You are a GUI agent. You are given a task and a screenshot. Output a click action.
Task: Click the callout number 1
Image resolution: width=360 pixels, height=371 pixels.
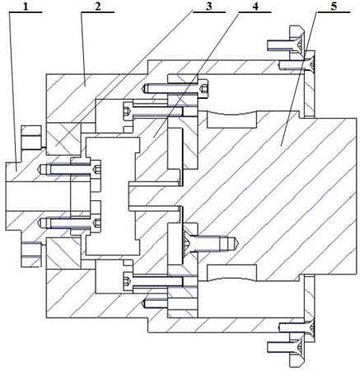pos(26,7)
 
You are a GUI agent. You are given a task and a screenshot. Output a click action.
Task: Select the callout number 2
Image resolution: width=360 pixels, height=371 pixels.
pos(97,7)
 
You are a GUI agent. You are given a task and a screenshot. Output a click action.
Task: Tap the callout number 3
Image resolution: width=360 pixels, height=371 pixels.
pos(209,7)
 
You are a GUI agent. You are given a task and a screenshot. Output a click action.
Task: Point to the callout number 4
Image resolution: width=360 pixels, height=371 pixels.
pos(255,7)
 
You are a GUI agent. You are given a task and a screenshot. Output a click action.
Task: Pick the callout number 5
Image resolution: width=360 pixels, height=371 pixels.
pos(333,7)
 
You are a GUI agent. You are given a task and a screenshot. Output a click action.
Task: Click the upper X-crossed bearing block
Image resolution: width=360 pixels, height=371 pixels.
pos(63,139)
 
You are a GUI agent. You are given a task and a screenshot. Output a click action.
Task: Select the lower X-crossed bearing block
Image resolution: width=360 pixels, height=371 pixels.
pos(63,253)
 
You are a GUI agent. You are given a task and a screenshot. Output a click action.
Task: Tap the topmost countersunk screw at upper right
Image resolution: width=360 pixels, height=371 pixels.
pos(286,45)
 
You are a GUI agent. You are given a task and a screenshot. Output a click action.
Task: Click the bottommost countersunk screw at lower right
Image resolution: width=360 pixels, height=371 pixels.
pos(286,347)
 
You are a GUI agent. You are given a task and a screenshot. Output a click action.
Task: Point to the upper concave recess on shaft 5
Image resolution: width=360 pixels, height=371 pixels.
pos(232,120)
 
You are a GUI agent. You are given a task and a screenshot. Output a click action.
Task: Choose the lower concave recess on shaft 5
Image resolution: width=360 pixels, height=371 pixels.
pos(232,273)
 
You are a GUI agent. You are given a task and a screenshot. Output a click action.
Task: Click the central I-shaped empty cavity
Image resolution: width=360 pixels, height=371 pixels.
pos(111,195)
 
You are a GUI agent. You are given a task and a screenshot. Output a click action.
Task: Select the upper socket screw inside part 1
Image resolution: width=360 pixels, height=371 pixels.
pos(71,169)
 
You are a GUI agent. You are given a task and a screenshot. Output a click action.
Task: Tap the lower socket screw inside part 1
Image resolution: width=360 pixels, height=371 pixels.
pos(71,223)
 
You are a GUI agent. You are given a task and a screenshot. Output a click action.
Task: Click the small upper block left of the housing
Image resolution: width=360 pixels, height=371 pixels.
pos(31,137)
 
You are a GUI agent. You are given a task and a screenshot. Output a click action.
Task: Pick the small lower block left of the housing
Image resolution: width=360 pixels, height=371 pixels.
pos(31,254)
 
